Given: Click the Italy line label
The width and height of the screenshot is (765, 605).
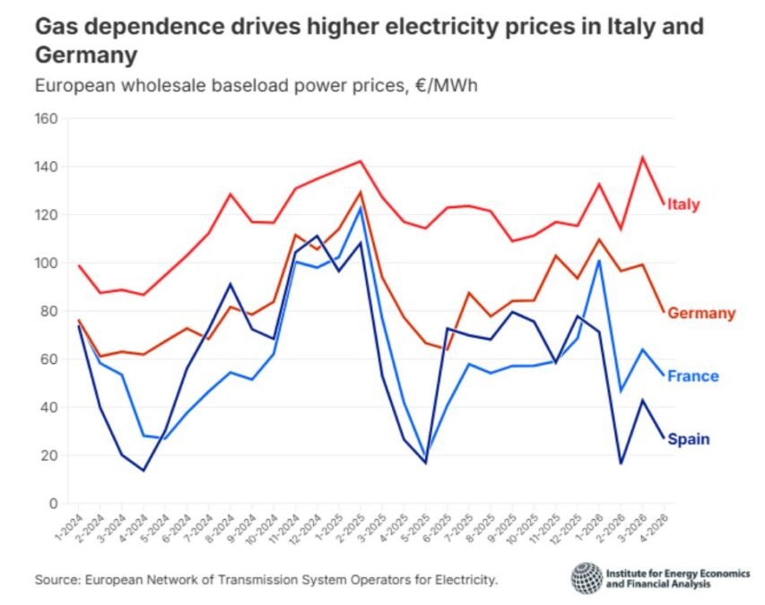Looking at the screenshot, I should click(x=683, y=204).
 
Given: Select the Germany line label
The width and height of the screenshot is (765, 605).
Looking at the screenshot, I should click(x=702, y=314).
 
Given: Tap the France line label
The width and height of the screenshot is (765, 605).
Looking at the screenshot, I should click(x=693, y=376).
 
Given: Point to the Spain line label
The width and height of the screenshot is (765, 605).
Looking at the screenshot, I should click(x=689, y=439).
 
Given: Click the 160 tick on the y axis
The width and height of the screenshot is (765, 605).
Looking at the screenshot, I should click(x=46, y=119).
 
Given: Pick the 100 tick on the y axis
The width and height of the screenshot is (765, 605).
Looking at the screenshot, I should click(x=46, y=264).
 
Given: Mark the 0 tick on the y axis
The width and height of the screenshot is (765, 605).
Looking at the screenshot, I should click(x=53, y=504).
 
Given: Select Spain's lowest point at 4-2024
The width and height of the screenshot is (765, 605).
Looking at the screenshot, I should click(x=143, y=471).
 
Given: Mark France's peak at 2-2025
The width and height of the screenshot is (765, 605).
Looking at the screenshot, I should click(x=361, y=207).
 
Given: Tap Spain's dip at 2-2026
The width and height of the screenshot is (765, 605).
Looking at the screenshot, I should click(x=621, y=463).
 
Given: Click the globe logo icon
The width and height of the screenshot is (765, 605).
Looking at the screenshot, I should click(x=587, y=578).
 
